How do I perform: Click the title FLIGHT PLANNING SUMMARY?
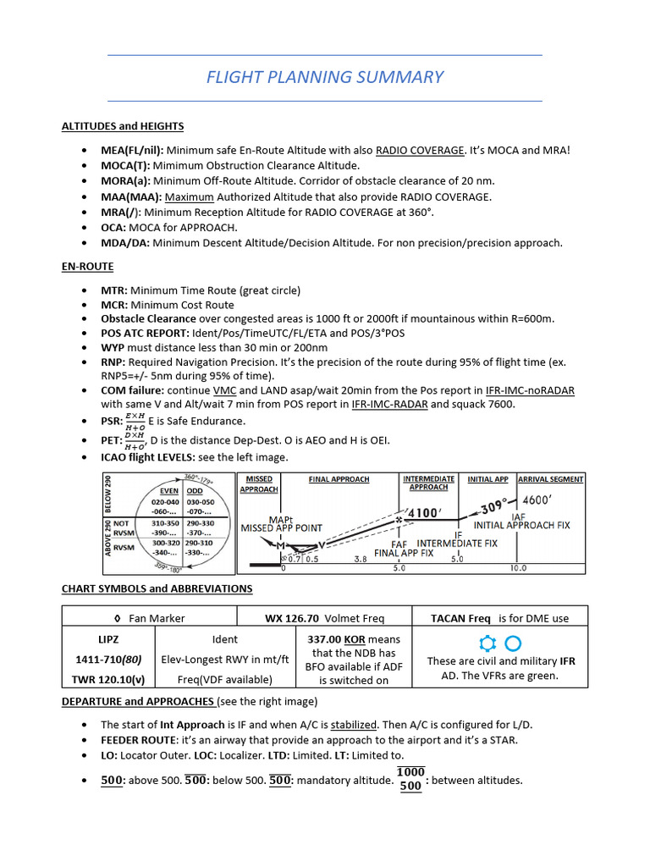point(325,77)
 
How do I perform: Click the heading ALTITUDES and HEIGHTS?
point(123,126)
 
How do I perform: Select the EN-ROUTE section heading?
point(87,266)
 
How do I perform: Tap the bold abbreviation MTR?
point(114,290)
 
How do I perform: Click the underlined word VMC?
point(224,390)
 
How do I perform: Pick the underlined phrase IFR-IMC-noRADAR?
point(531,390)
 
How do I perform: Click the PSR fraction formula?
point(135,421)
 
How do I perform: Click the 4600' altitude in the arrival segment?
point(541,500)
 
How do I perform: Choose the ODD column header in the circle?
point(195,489)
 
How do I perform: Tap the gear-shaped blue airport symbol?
point(487,643)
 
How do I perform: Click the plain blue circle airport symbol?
point(513,643)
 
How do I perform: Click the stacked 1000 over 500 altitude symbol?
point(410,779)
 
